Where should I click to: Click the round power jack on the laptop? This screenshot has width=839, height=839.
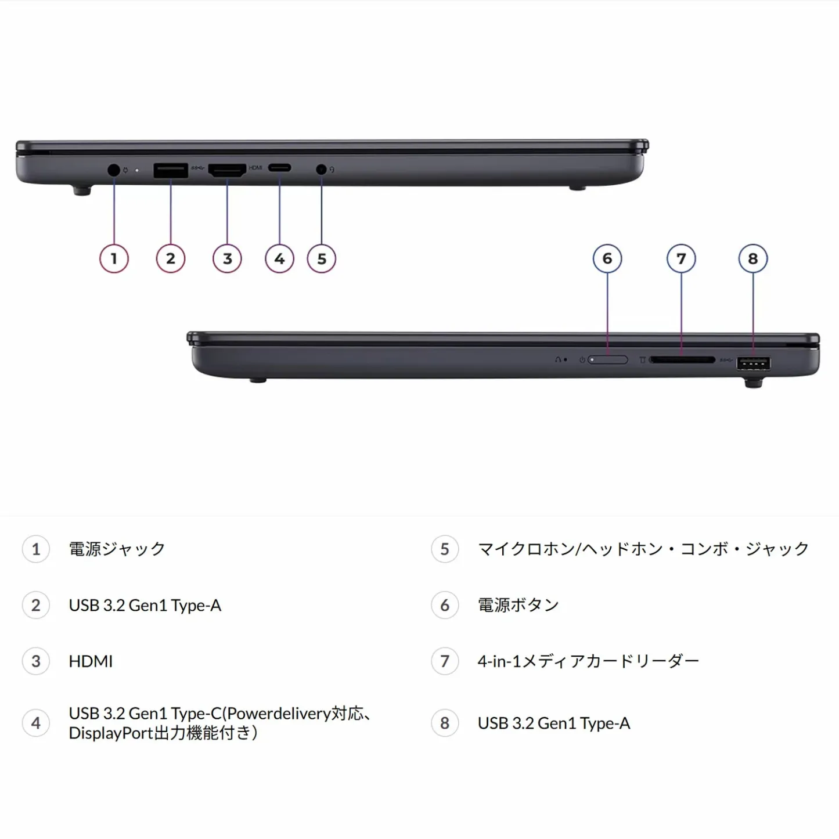click(114, 170)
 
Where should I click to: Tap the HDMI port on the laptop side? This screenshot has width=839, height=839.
click(227, 170)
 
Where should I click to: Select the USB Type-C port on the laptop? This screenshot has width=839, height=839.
click(279, 168)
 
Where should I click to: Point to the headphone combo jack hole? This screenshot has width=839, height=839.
click(321, 170)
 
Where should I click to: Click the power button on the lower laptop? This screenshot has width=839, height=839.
click(608, 360)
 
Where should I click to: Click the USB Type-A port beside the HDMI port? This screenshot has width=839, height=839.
click(171, 170)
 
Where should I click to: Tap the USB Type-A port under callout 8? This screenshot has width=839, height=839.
click(753, 364)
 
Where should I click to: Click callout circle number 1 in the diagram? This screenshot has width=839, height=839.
click(114, 259)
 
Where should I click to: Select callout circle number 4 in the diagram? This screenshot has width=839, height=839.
click(279, 259)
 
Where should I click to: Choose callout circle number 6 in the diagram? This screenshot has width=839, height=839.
click(607, 259)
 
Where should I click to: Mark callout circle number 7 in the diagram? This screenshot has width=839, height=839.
click(681, 259)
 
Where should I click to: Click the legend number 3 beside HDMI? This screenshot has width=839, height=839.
click(36, 661)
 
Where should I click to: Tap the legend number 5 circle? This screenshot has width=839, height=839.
click(445, 549)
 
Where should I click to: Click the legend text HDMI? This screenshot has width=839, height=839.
click(91, 661)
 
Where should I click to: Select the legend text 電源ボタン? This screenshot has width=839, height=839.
click(518, 605)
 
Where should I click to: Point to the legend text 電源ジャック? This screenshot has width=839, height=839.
click(117, 549)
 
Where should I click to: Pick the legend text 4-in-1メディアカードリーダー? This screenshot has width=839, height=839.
click(588, 661)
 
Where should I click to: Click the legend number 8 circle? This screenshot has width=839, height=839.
click(445, 723)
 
